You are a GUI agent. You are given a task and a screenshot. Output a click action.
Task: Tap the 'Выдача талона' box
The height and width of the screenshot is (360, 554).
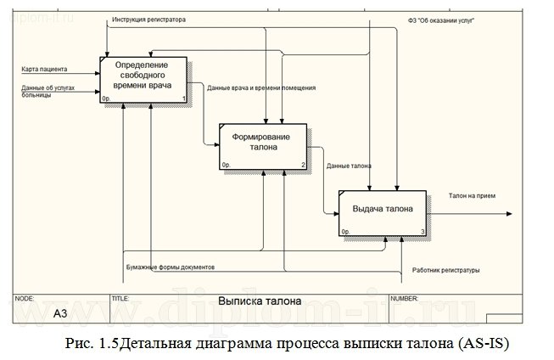pos(382,209)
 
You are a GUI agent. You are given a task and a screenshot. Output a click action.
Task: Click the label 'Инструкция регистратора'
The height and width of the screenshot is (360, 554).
pos(149,19)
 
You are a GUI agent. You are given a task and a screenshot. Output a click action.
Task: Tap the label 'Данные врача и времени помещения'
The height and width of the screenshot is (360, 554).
pos(261,88)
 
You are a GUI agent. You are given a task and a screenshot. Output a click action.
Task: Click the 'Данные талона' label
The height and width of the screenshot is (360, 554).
pos(348,166)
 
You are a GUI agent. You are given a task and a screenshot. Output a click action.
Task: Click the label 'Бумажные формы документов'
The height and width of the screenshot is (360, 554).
pos(170,267)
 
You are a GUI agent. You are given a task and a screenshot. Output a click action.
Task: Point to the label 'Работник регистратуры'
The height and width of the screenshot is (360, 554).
pos(445,271)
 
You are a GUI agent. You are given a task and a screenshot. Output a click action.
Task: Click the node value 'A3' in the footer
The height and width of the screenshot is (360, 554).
pos(60,313)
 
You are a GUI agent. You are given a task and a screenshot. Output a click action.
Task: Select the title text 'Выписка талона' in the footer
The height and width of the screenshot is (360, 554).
pos(259,301)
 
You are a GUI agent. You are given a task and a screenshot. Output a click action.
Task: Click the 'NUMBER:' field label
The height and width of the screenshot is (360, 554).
pos(403,299)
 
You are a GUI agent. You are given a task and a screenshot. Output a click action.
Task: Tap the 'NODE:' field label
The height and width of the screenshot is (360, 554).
pos(25,299)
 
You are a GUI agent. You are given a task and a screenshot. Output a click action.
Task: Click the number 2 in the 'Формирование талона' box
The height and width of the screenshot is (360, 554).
pos(303,165)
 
